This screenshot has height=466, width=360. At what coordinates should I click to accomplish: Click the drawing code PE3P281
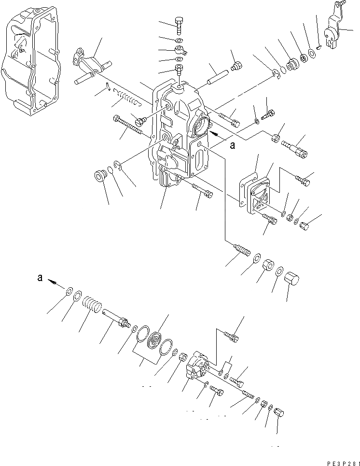[341, 463]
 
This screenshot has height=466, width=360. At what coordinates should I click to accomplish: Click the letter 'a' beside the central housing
[232, 145]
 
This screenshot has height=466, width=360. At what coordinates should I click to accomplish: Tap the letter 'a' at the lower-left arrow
[41, 278]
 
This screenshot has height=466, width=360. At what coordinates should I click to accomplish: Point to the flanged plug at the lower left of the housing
[100, 175]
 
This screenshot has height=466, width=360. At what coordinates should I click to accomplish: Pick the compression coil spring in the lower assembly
[91, 307]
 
